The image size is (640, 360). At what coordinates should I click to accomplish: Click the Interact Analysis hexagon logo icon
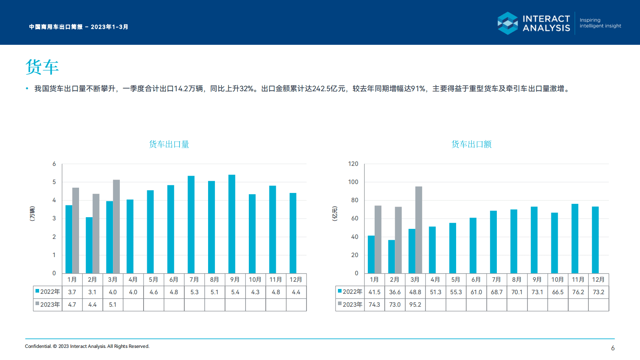coord(508,23)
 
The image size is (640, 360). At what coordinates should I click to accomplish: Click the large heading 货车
coord(42,67)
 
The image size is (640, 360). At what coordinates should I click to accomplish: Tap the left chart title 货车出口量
coord(169,144)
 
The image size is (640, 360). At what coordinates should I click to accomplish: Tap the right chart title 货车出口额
coord(471,144)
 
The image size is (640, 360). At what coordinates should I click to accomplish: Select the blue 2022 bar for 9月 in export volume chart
coord(231,224)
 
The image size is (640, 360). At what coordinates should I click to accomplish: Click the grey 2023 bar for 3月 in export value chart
coord(419,230)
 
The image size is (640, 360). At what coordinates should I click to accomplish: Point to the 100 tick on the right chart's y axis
coord(353,182)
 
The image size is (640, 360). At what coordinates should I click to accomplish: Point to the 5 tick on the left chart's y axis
coord(54,182)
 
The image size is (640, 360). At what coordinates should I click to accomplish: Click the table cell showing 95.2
coord(415,305)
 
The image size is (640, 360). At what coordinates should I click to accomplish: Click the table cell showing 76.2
coord(578,292)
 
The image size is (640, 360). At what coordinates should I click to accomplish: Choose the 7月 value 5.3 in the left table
coord(194,292)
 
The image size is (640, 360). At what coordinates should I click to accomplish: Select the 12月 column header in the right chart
coord(598,280)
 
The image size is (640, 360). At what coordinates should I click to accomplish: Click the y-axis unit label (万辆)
coord(32,213)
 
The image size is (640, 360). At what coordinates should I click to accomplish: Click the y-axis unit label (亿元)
coord(335,213)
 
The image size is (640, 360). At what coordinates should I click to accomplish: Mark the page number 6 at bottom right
coord(613,348)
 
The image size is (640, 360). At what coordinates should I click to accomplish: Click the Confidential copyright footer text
coord(87,346)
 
